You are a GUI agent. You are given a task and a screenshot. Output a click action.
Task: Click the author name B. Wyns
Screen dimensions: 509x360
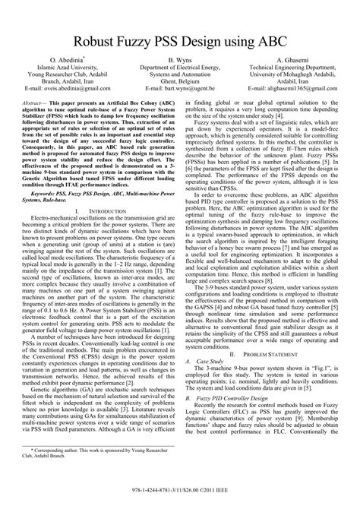click(180, 59)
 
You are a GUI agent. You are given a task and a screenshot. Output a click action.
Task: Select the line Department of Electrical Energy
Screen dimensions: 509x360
click(180, 67)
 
